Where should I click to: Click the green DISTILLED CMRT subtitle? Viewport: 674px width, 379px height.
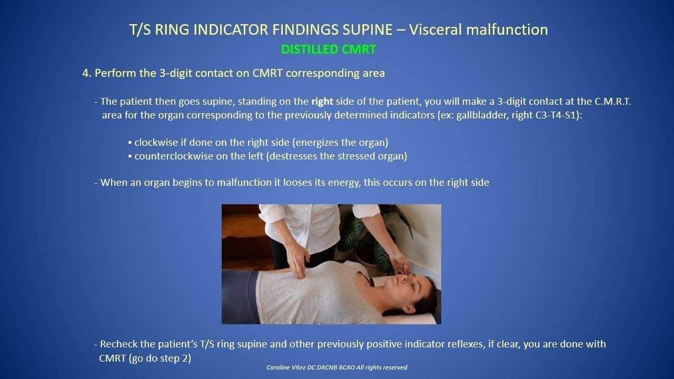pos(328,49)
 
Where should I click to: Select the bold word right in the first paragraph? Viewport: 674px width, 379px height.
pos(322,102)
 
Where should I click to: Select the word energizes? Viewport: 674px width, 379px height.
pos(318,143)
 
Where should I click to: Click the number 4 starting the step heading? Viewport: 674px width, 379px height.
pos(86,73)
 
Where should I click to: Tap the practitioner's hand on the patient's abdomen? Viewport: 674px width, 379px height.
pos(298,261)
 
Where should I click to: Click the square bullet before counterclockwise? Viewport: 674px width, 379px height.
pos(130,156)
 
